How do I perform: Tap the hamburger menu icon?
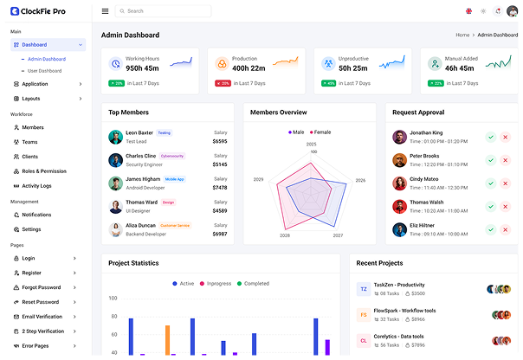105,11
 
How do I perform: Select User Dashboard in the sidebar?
45,70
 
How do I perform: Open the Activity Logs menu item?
36,185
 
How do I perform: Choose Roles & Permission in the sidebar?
43,170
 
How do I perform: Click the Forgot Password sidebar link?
42,286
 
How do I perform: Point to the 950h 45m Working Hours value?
142,67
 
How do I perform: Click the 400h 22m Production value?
249,67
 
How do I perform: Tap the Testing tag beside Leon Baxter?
164,133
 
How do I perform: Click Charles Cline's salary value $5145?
220,164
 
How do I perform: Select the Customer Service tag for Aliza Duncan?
175,225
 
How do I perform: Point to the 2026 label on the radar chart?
360,180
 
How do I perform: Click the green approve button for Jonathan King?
490,137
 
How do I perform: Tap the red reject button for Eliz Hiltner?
505,229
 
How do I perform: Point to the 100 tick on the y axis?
113,298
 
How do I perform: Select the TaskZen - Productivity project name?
398,285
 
